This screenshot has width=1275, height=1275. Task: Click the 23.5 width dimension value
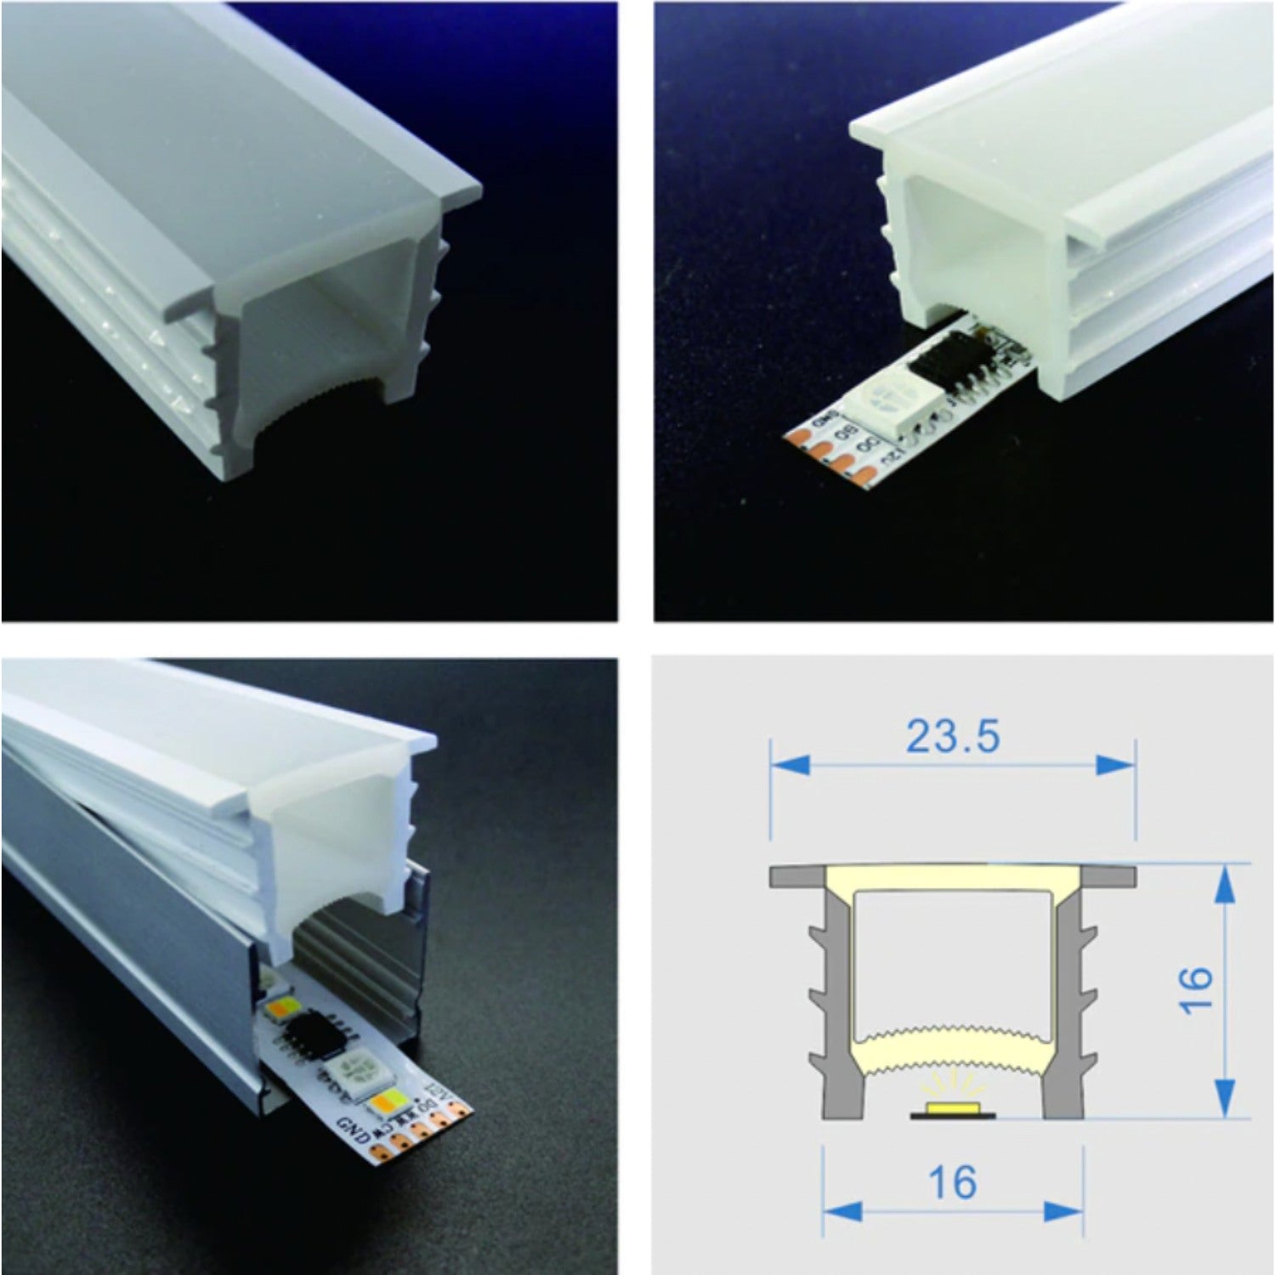click(x=952, y=736)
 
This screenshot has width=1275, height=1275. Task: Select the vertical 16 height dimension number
click(x=1196, y=989)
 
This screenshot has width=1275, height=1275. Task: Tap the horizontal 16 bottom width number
click(x=952, y=1182)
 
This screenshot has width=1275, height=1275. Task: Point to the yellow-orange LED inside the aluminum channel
click(x=279, y=1009)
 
